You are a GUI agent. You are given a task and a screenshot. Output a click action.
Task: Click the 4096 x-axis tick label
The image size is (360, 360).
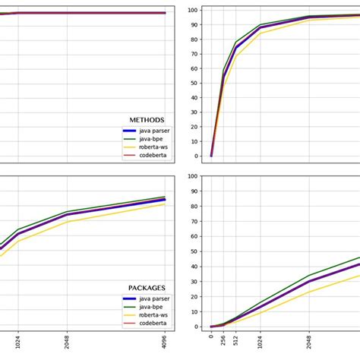coord(165,343)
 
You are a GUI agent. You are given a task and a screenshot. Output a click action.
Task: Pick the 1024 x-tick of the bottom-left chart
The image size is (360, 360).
coord(18,343)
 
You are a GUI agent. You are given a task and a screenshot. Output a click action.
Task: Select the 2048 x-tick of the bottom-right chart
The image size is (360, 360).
coord(309,343)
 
